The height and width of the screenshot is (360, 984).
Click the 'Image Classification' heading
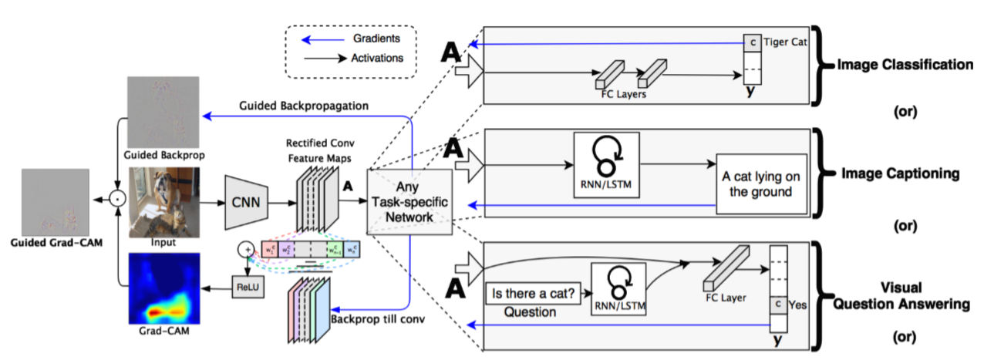pyautogui.click(x=905, y=66)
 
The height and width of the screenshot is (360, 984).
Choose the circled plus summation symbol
pyautogui.click(x=245, y=248)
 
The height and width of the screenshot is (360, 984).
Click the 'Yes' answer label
pyautogui.click(x=799, y=304)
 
